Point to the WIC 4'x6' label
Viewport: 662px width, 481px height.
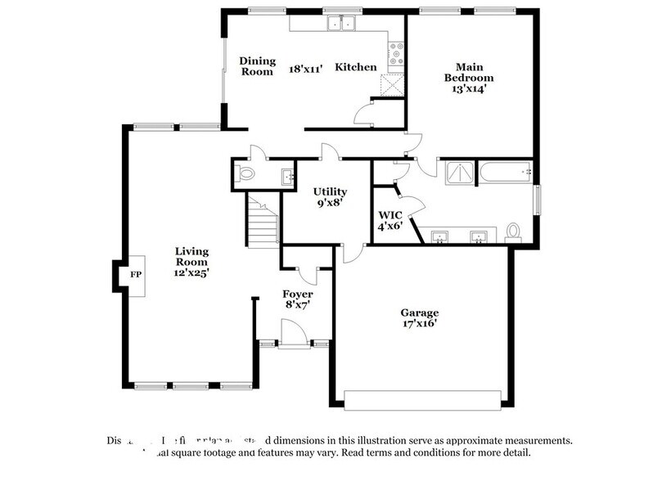pos(389,220)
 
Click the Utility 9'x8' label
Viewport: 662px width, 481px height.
pos(331,196)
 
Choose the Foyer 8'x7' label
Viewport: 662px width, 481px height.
pos(297,299)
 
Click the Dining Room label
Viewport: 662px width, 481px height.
pos(255,66)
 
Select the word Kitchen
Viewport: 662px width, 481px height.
pos(356,67)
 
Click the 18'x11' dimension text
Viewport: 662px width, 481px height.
pos(306,69)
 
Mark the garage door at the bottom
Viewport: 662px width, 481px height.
pos(422,400)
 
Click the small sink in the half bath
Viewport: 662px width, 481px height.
pos(287,174)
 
